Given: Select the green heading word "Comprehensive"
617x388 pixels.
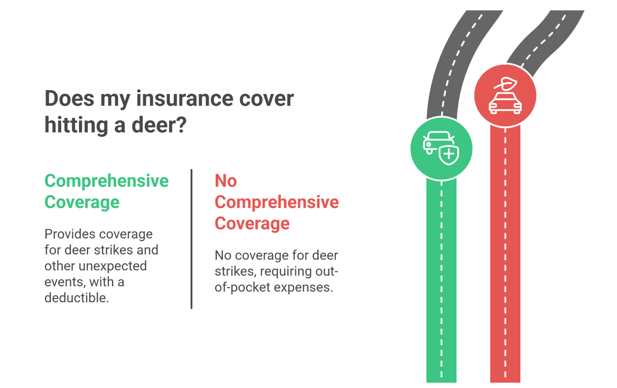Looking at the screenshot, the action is click(107, 181).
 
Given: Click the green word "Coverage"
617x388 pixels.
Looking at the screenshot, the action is click(82, 202).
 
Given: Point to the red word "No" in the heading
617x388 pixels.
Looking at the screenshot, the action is click(226, 181).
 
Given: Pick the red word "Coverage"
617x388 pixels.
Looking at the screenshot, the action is click(252, 223).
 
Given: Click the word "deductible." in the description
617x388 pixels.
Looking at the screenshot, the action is click(77, 298).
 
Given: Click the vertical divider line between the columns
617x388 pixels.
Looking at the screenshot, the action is click(191, 239).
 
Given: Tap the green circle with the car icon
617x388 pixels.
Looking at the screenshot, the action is click(441, 149).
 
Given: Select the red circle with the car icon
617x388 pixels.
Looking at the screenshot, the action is click(505, 96).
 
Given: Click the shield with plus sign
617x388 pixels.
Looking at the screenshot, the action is click(449, 155).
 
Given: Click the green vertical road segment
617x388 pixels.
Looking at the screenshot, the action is click(441, 281).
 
